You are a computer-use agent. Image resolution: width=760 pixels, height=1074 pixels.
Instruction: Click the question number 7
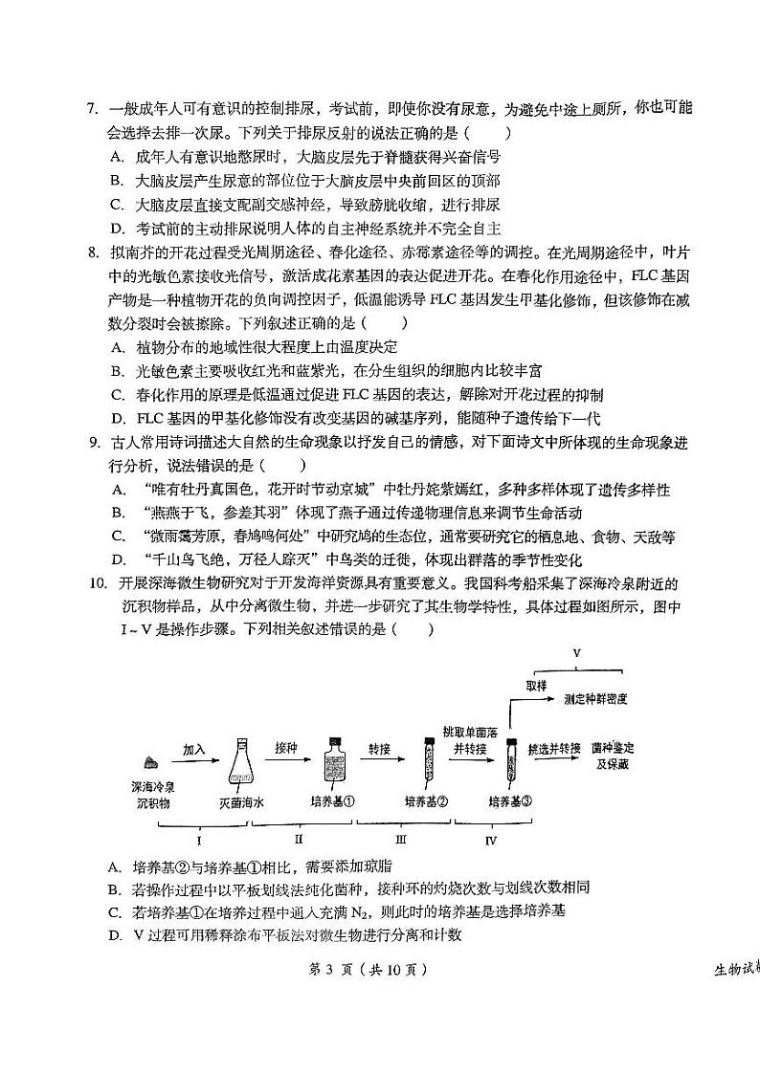coord(92,109)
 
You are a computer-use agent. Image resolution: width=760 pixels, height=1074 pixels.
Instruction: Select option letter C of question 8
coord(116,393)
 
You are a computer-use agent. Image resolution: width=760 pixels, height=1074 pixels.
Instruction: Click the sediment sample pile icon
coord(151,761)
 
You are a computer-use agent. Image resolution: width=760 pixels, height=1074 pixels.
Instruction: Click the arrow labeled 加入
coord(194,761)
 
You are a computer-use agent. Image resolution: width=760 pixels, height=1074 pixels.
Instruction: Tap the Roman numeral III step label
coord(400,840)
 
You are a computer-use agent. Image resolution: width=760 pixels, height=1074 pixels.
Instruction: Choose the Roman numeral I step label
coord(198,841)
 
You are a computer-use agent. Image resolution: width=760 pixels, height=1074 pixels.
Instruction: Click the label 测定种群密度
coord(595,699)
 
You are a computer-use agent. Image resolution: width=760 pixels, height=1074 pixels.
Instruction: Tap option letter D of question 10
coord(115,934)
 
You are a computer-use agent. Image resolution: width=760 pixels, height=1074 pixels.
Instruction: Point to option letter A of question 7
coord(116,156)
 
